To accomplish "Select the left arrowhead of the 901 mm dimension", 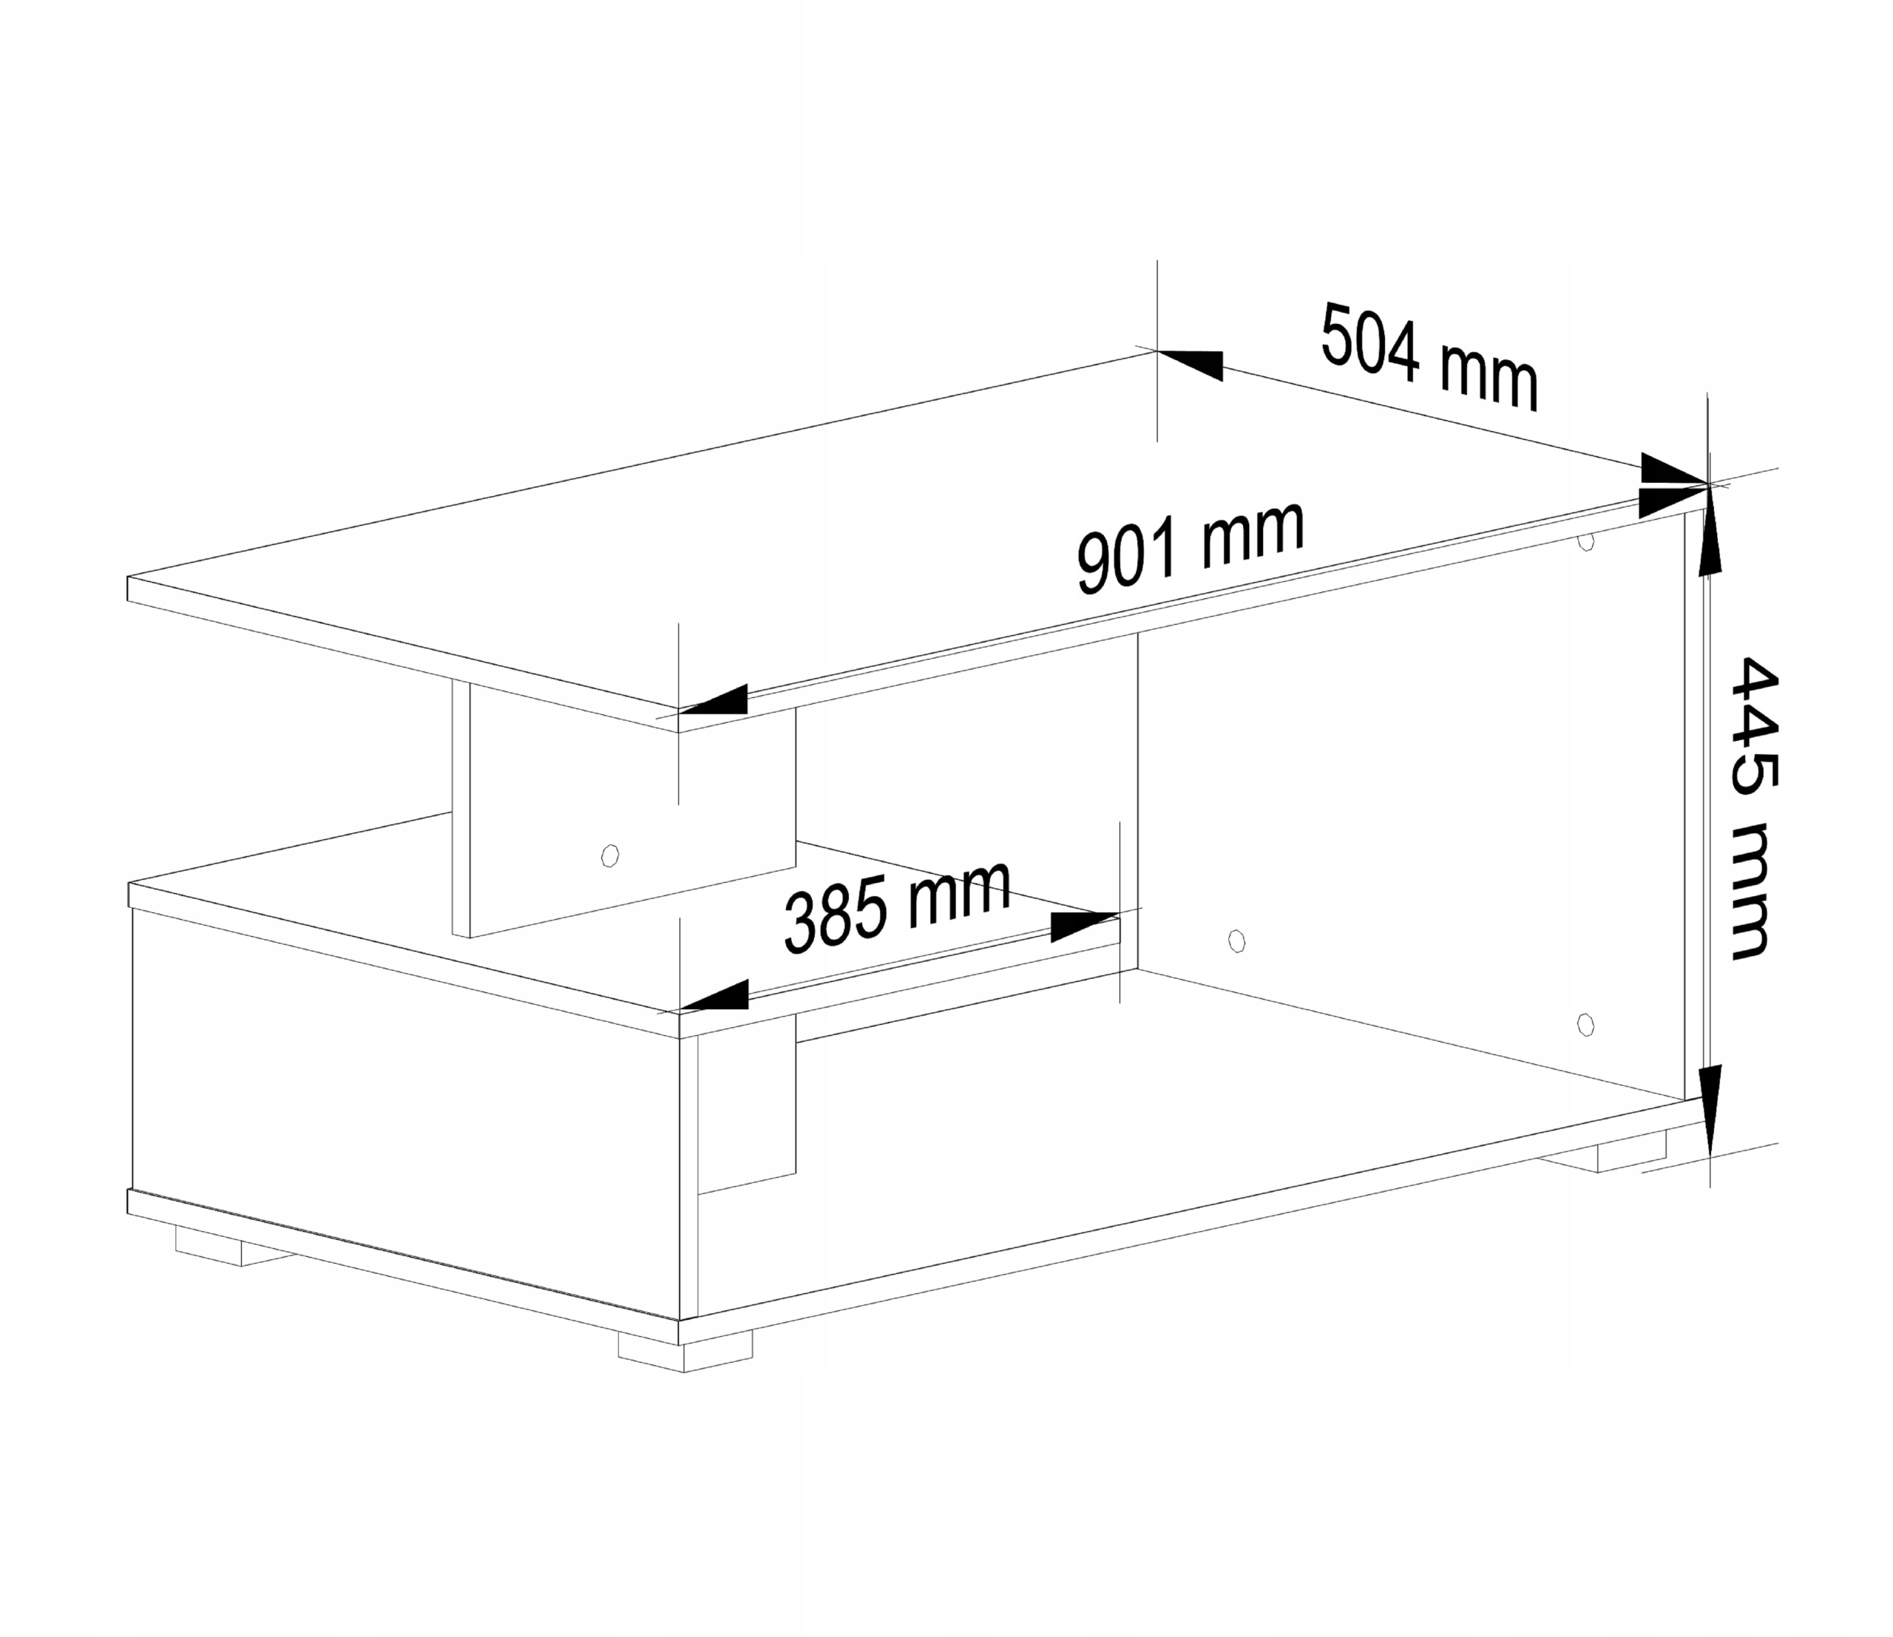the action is point(714,701).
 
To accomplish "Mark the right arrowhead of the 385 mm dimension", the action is point(1083,926).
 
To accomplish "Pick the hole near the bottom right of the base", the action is point(1586,1025).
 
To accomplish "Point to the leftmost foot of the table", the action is point(220,1246).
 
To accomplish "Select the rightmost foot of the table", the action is point(1630,1155).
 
